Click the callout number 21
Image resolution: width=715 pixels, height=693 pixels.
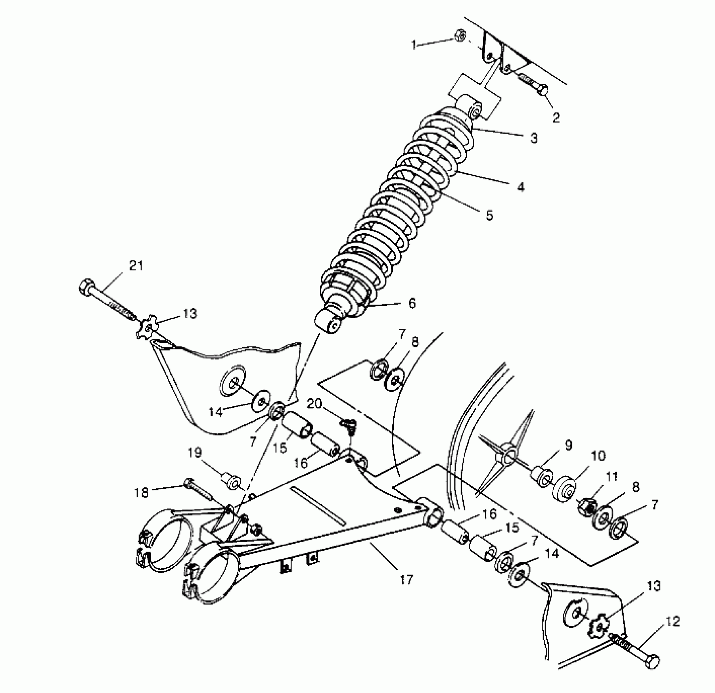tap(136, 266)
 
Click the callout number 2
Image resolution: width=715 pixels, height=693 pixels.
tap(556, 118)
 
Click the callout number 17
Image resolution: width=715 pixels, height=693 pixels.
tap(406, 579)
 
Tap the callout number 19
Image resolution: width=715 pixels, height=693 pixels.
tap(195, 452)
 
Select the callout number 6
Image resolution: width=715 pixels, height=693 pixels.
tap(412, 303)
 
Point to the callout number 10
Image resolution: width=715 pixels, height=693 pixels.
tap(599, 455)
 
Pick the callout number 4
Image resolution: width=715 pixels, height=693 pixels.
tap(521, 187)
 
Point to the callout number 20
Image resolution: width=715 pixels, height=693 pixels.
tap(314, 404)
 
